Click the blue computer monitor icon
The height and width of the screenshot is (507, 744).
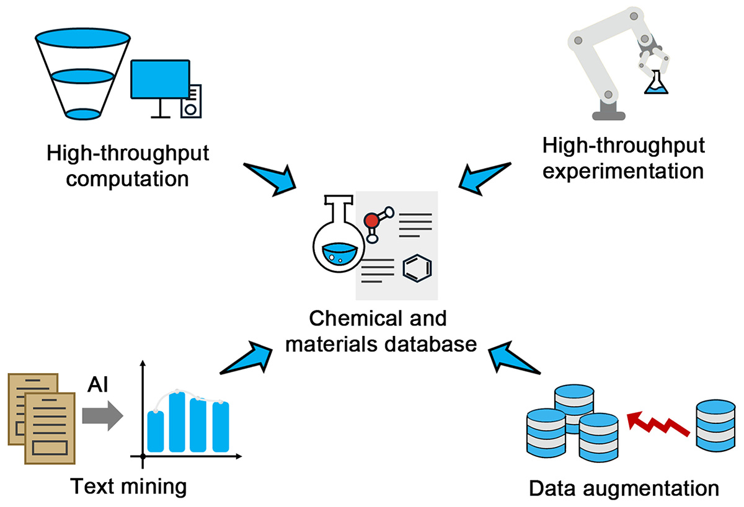pyautogui.click(x=159, y=81)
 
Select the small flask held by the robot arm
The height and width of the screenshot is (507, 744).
pyautogui.click(x=657, y=83)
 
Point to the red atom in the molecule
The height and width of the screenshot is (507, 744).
pyautogui.click(x=371, y=220)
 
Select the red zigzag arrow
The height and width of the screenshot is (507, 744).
pyautogui.click(x=657, y=426)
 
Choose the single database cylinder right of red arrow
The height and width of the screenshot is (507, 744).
pyautogui.click(x=716, y=425)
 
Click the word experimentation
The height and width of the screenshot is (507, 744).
pyautogui.click(x=623, y=170)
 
